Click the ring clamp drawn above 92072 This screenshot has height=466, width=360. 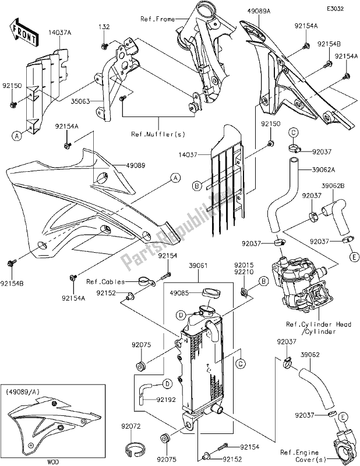[135, 449]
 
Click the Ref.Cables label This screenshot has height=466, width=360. [102, 282]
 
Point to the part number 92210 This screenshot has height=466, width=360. [242, 271]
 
